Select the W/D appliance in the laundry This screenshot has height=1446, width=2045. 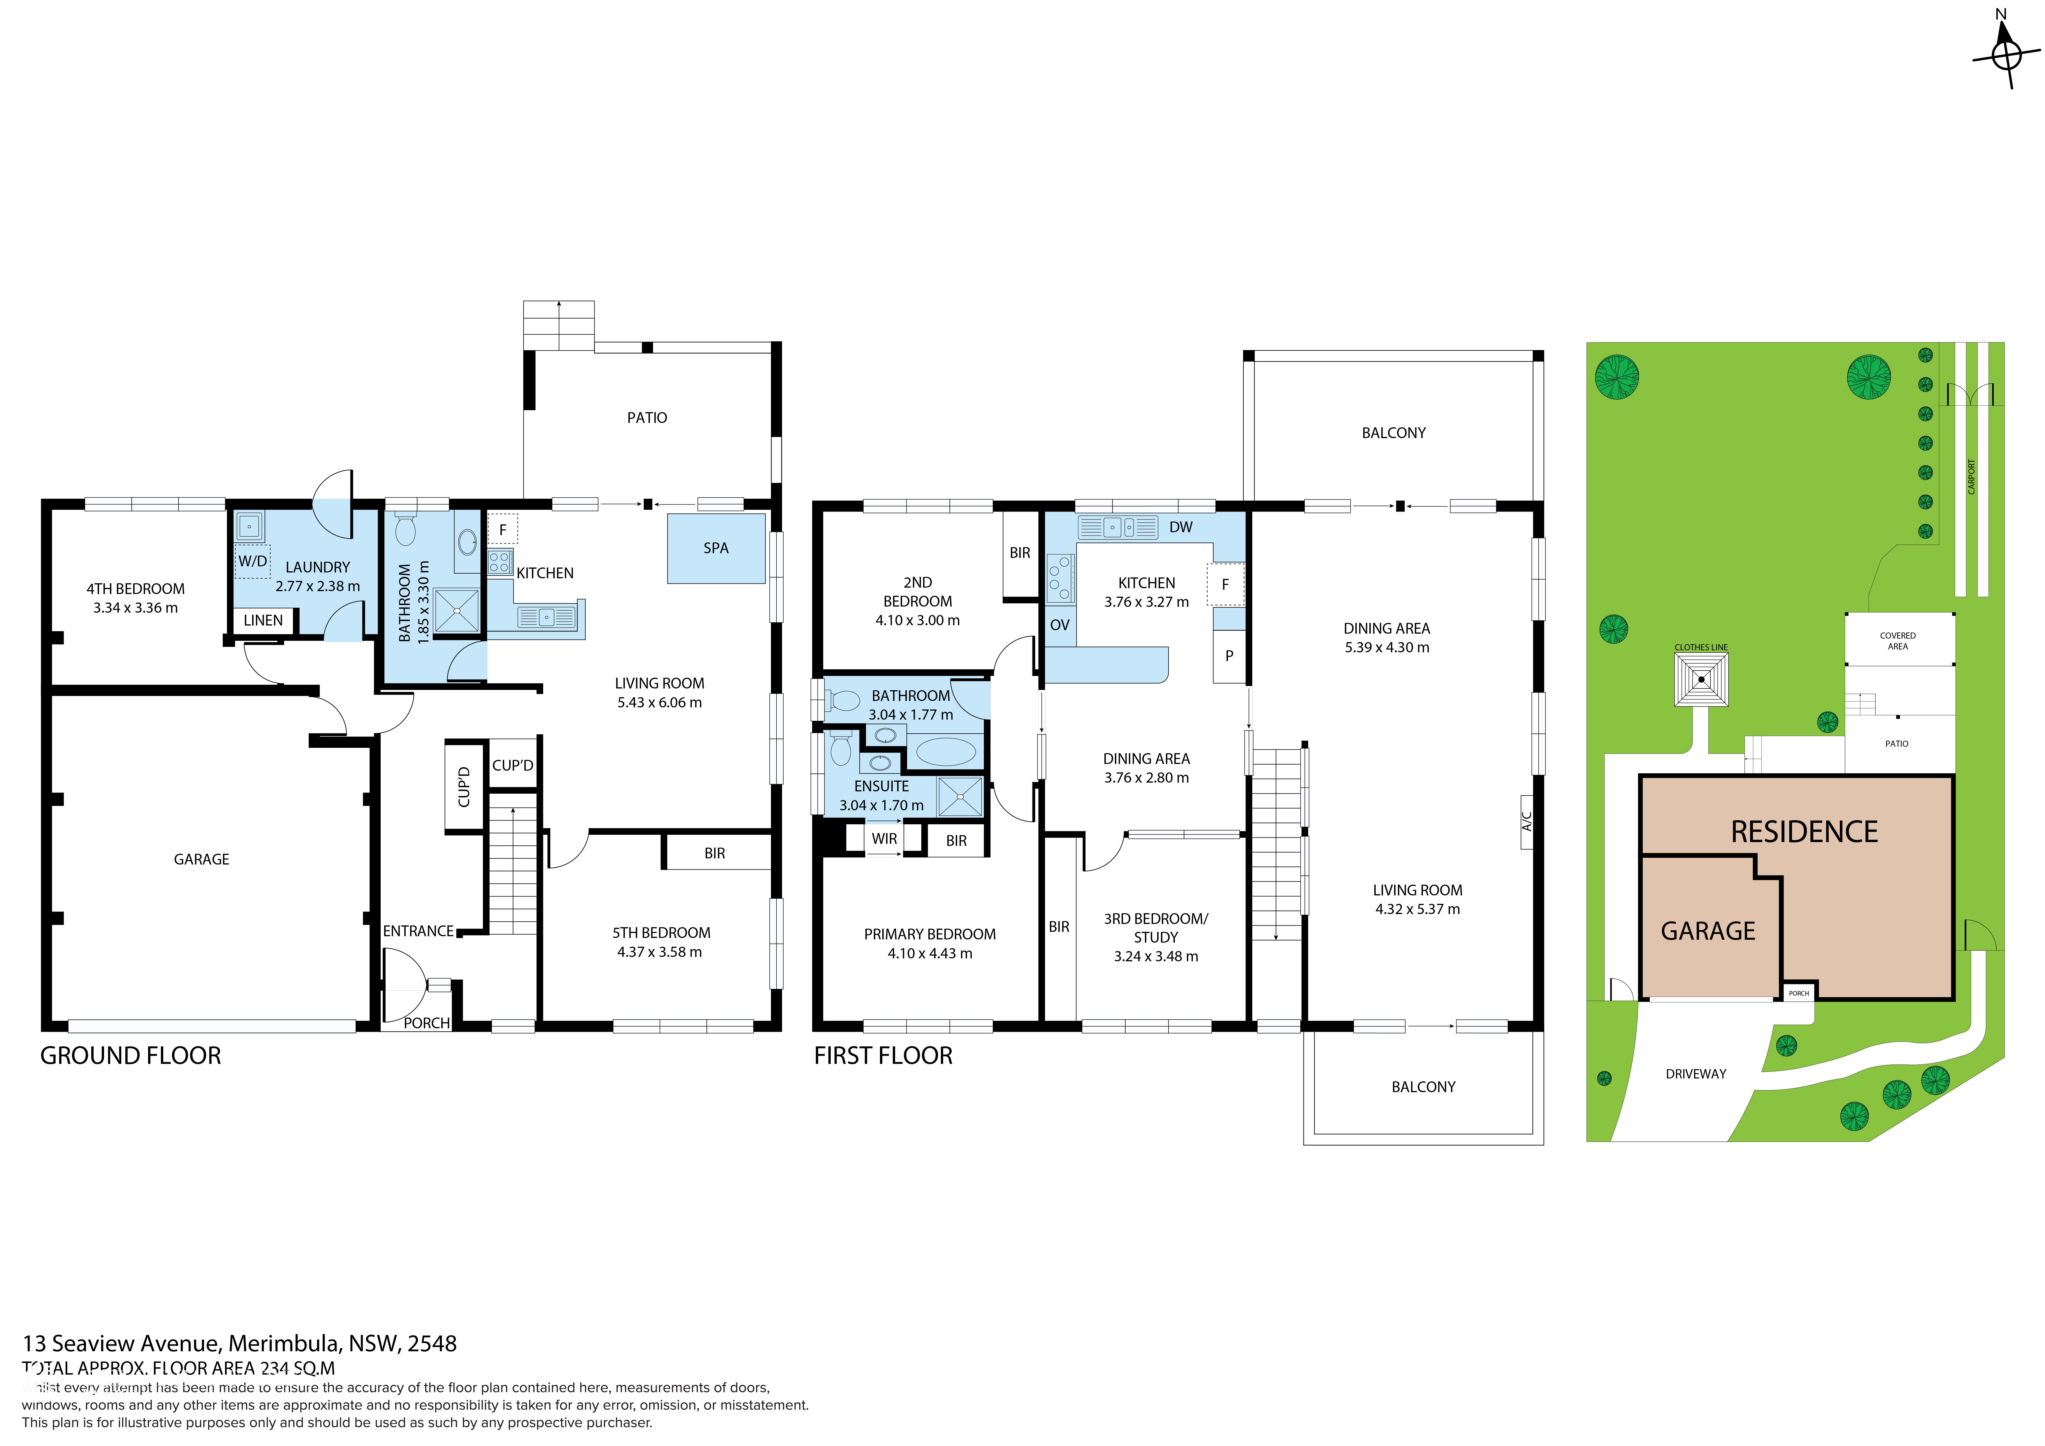tap(252, 561)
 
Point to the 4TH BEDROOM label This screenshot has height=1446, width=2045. tap(135, 589)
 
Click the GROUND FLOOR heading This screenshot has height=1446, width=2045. tap(131, 1056)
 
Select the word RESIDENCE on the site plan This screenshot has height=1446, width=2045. tap(1804, 832)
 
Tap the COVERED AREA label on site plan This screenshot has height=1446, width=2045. tap(1897, 641)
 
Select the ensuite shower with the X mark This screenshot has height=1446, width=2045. tap(960, 797)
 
